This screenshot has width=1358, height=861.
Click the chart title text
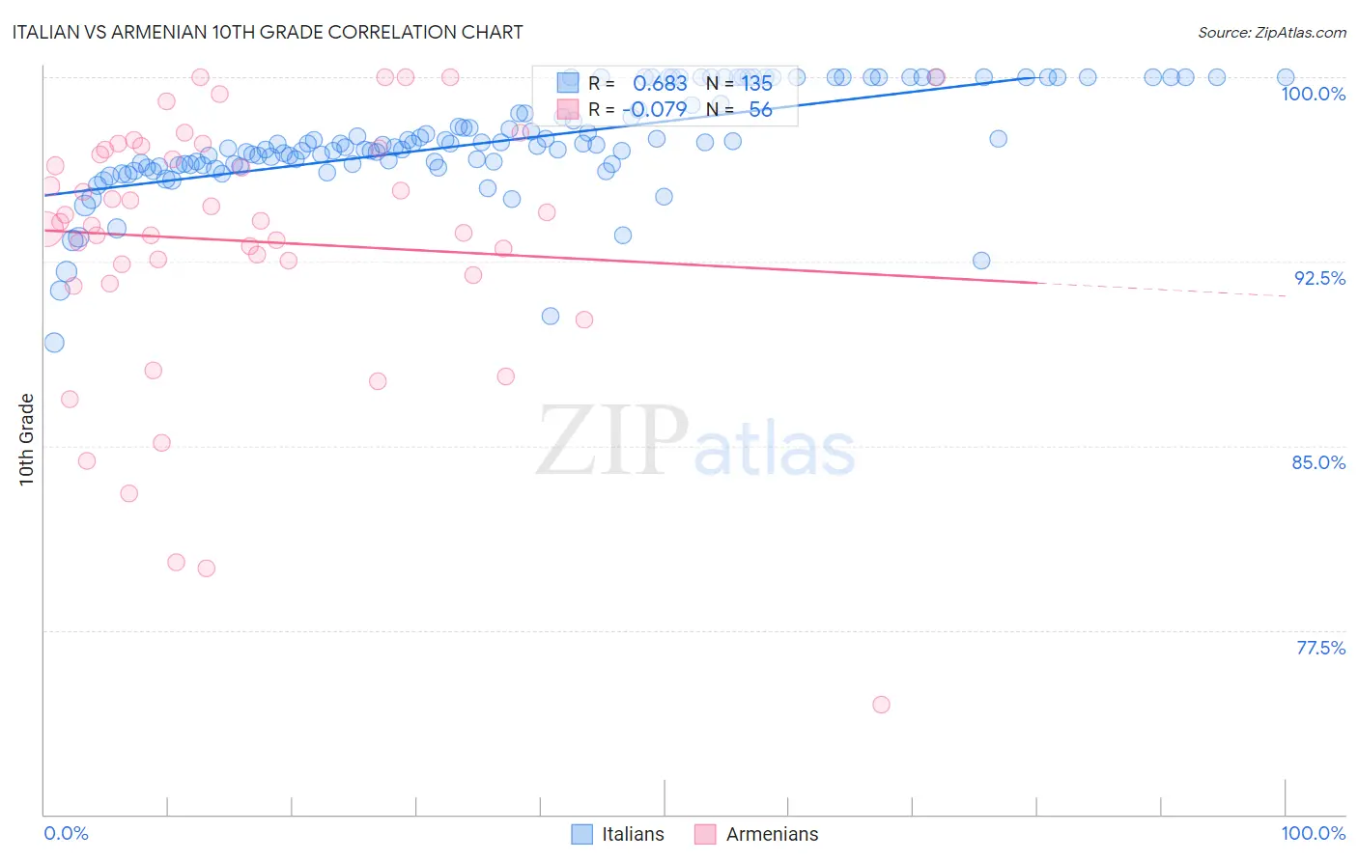pos(269,32)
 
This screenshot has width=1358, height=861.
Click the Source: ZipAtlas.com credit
pos(1271,32)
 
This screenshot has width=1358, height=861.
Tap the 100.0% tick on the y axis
pos(1313,94)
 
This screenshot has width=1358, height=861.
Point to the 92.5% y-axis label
pos(1319,278)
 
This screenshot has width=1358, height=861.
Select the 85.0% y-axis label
pos(1318,462)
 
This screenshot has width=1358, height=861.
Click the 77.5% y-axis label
pos(1320,648)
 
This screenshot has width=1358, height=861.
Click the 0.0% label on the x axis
pos(66,834)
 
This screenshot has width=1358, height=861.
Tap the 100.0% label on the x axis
pos(1313,834)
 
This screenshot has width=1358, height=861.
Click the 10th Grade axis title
pos(27,439)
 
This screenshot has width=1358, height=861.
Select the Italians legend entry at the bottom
pos(618,834)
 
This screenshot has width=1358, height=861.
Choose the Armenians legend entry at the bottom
pos(756,834)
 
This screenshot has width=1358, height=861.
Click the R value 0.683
pos(660,84)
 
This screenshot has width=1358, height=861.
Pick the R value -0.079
pos(656,110)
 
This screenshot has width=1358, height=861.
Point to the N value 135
pos(756,84)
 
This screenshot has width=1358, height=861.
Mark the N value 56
pos(760,110)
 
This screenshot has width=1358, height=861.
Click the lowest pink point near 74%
pos(881,705)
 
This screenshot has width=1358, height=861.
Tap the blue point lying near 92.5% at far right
pos(981,261)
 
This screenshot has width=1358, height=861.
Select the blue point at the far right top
pos(1286,77)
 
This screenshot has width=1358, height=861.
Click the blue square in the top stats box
pos(567,83)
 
